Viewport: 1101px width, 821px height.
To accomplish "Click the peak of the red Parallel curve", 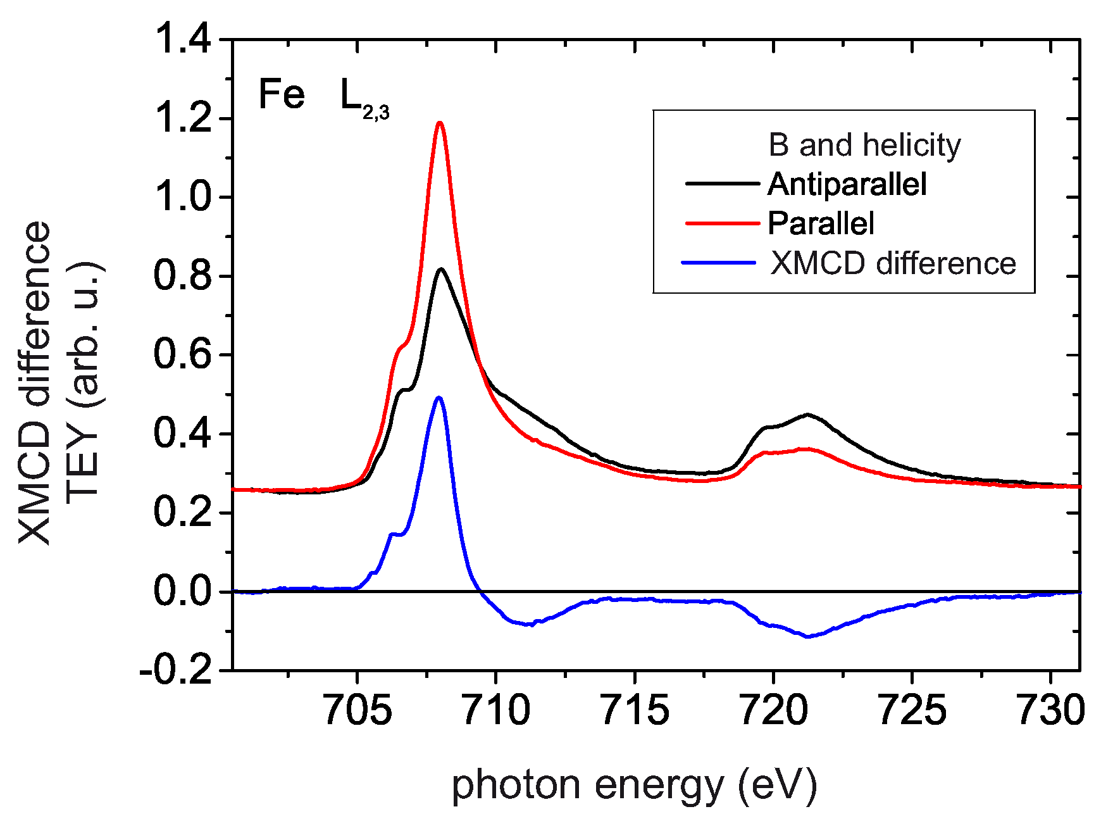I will (440, 123).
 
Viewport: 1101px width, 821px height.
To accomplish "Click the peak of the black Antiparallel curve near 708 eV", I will (441, 269).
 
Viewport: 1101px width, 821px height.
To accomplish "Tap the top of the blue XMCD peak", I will (439, 398).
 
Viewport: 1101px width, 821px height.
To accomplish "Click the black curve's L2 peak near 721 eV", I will (807, 415).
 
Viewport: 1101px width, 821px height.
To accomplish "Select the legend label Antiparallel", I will (847, 184).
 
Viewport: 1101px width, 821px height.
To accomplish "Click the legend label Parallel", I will (821, 223).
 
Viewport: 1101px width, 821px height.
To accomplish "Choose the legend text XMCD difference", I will (892, 263).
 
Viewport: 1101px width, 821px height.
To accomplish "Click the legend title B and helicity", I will (864, 145).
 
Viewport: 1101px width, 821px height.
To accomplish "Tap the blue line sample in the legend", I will (719, 262).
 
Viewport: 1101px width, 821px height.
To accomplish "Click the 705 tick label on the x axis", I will (358, 710).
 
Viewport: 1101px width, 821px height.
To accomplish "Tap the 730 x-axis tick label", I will (1050, 710).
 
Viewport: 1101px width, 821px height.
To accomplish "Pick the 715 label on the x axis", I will (635, 710).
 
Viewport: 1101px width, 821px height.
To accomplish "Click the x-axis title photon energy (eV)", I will (634, 786).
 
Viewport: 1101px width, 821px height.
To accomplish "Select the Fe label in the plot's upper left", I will (282, 95).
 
